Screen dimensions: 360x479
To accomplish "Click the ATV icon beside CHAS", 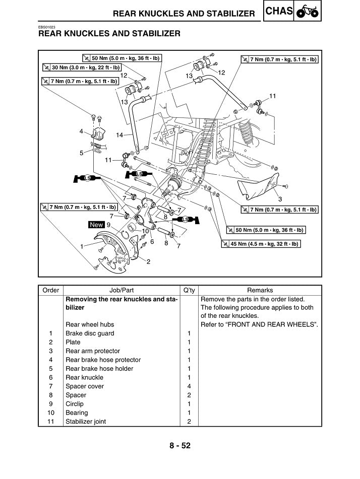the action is tap(308, 12).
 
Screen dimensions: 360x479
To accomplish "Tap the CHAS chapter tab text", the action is tap(279, 11).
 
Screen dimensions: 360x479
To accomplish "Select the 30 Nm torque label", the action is tap(82, 67).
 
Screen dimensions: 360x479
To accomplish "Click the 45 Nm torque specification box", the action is tap(261, 244).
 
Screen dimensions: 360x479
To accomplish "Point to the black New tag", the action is tap(97, 225).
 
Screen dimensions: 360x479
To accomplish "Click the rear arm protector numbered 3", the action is tap(259, 186).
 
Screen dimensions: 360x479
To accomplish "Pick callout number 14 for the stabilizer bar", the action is tap(119, 134).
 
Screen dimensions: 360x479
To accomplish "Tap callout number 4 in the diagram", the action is tap(81, 131).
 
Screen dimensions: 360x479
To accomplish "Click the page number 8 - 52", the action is tap(180, 445).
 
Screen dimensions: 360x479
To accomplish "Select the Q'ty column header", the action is tap(189, 290).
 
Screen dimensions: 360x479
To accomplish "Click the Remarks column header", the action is tap(260, 290).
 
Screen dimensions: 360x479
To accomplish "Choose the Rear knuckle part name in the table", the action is tap(84, 377).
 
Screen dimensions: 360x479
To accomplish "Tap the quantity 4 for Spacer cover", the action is tap(189, 386).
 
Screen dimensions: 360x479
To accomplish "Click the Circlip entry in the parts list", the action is tap(75, 404).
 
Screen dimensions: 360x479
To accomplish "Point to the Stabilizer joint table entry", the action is tap(86, 422).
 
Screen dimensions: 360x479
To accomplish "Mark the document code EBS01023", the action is tap(47, 27).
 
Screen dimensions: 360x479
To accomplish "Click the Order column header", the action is tap(51, 290).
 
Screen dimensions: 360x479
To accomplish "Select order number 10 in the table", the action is tap(51, 413).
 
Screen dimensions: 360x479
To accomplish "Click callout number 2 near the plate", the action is tap(148, 262).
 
